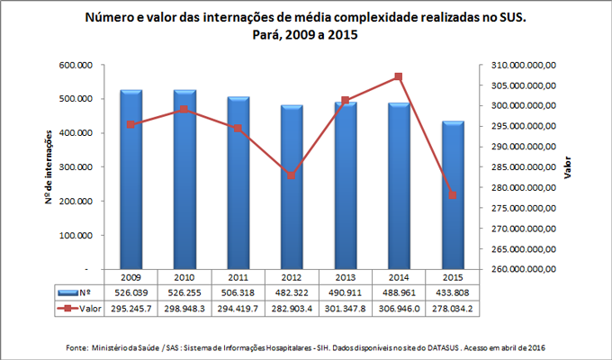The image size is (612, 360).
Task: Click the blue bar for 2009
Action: click(x=131, y=180)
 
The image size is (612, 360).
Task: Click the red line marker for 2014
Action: click(x=399, y=77)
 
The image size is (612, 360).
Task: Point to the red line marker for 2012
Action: click(x=292, y=175)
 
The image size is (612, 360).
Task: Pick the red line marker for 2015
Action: click(x=453, y=195)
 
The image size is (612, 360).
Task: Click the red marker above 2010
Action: click(x=184, y=110)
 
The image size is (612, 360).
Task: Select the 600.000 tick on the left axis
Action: click(x=81, y=66)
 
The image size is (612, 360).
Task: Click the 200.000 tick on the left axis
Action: click(x=81, y=202)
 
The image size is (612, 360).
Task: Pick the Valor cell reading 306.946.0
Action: click(x=399, y=309)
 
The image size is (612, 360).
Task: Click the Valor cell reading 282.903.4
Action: click(x=292, y=309)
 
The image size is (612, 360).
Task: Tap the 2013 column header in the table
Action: click(x=346, y=278)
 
